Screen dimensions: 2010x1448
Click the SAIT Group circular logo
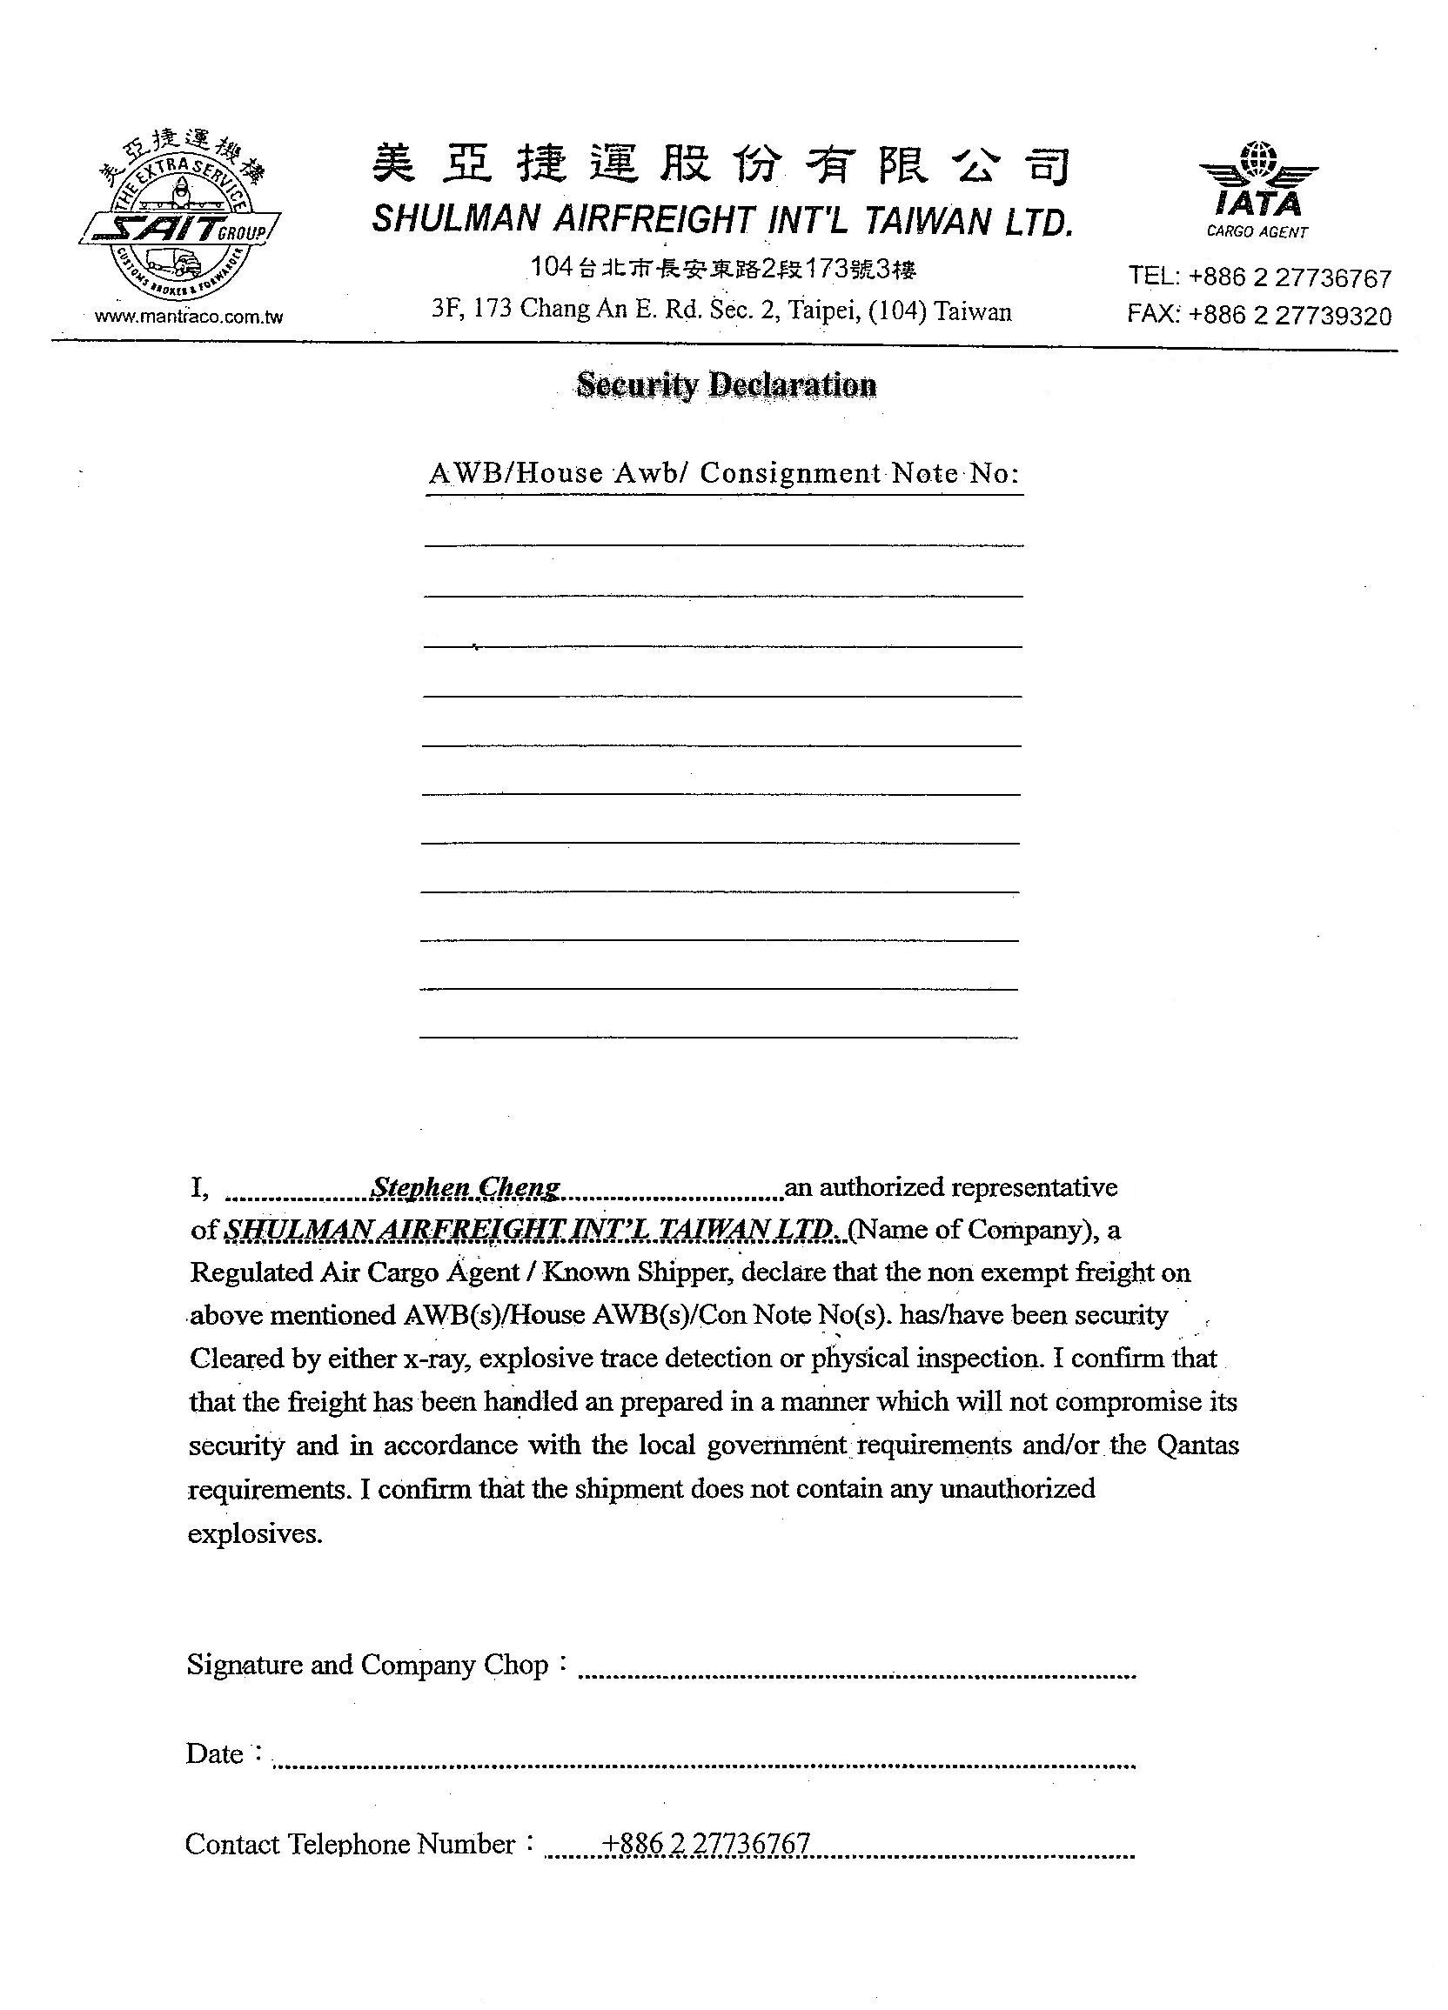(181, 225)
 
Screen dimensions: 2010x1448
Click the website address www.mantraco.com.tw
(188, 317)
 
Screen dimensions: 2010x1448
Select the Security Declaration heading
(727, 384)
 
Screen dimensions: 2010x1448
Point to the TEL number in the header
(1259, 277)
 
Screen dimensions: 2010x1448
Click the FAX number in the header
(1259, 316)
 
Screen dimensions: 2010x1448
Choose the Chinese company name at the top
(720, 165)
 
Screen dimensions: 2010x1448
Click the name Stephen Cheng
(466, 1186)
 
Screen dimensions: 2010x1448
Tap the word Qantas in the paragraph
(1197, 1445)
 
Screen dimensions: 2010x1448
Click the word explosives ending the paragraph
(255, 1533)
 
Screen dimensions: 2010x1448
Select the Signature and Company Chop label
(368, 1665)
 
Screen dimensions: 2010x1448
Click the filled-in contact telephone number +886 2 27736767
(706, 1843)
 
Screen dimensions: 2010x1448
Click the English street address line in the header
(721, 311)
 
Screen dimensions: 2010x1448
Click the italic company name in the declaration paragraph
(530, 1229)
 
